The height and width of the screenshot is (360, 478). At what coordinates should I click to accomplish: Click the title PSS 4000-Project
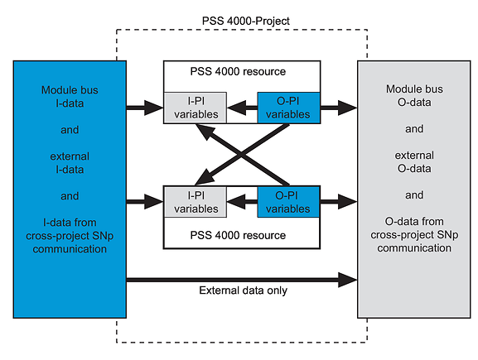(x=246, y=21)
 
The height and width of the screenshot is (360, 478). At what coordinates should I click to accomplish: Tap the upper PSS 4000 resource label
(x=238, y=71)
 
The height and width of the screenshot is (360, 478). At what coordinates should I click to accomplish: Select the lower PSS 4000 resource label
(x=238, y=235)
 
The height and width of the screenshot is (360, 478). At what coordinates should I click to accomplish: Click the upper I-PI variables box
(x=196, y=108)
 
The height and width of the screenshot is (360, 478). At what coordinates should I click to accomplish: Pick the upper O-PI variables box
(x=288, y=108)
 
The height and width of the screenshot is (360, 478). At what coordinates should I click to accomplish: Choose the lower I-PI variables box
(x=196, y=202)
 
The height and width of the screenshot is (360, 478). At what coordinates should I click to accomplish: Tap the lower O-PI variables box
(x=288, y=202)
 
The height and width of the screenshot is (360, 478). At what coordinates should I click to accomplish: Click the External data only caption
(x=243, y=290)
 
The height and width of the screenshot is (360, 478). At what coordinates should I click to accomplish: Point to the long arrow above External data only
(x=242, y=280)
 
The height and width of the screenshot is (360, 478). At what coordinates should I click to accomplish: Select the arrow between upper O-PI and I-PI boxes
(x=242, y=108)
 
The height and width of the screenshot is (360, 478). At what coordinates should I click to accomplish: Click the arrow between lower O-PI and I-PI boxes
(x=242, y=202)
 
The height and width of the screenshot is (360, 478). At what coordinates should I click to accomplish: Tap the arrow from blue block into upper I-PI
(x=145, y=108)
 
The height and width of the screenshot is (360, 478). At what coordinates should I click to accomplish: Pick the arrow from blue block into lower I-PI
(x=145, y=201)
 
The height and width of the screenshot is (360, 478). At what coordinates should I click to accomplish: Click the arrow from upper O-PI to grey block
(x=339, y=108)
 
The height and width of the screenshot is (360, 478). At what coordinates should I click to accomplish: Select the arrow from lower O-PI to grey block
(x=339, y=201)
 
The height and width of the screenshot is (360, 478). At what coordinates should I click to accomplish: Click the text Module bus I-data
(x=70, y=97)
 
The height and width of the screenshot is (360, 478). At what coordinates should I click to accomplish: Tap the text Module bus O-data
(x=414, y=96)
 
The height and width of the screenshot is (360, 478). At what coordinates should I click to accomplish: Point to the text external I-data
(x=70, y=163)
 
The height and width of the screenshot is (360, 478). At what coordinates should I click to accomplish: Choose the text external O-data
(x=414, y=162)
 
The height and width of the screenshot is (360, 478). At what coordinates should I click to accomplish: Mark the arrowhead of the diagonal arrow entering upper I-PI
(x=203, y=131)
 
